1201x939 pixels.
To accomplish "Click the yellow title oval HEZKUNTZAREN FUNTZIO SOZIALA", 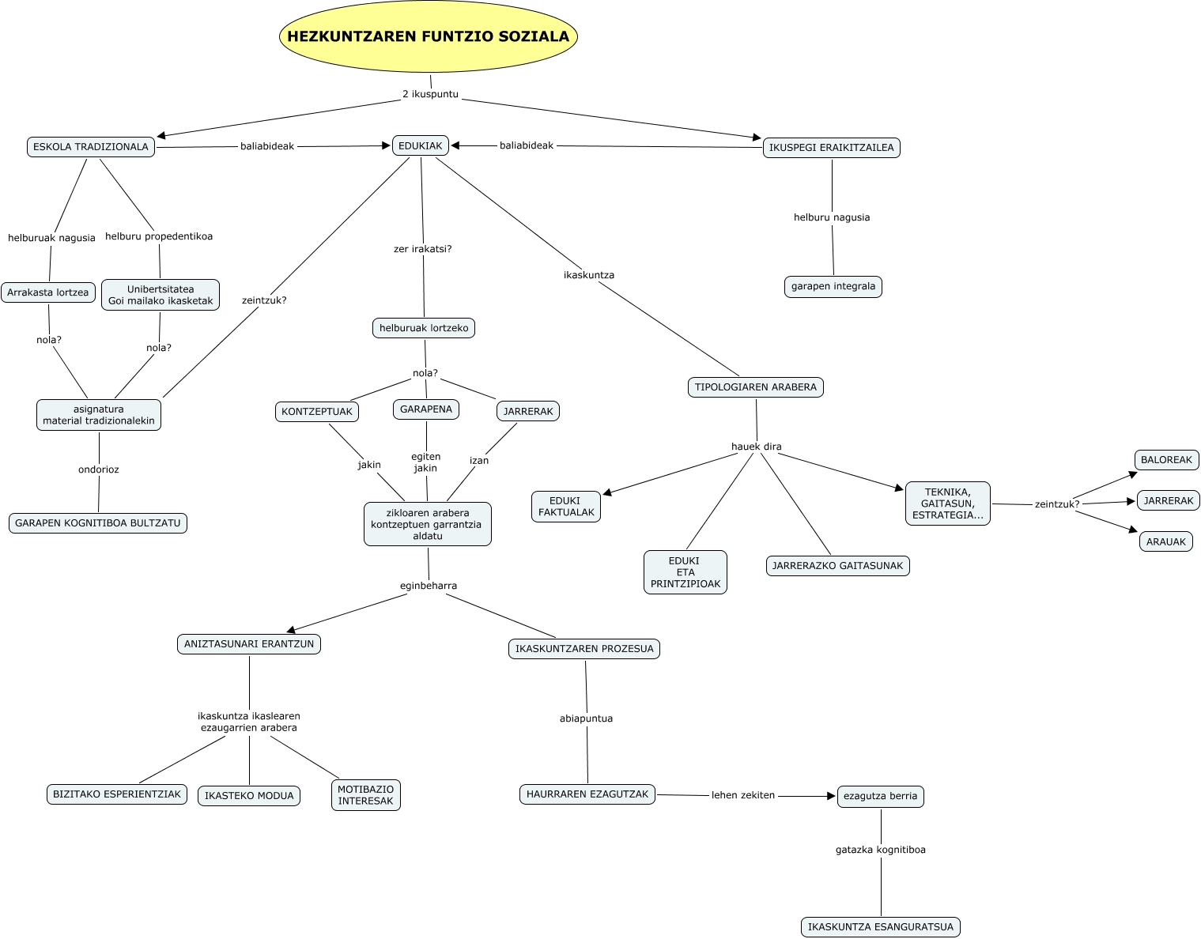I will (x=429, y=36).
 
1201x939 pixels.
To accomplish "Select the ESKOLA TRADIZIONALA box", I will (x=91, y=147).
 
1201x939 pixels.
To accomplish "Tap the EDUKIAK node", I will (x=421, y=145).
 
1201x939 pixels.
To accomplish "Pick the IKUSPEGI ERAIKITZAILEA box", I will (x=832, y=148).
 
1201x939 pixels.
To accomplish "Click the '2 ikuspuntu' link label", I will (x=430, y=94).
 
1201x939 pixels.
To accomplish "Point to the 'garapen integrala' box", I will (x=833, y=286).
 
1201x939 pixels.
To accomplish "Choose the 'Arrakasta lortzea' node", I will (x=48, y=292).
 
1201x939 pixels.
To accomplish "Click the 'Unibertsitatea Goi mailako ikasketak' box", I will (x=161, y=295).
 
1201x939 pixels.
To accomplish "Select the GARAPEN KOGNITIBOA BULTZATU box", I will (x=98, y=523).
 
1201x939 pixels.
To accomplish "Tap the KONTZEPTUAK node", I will (x=317, y=412).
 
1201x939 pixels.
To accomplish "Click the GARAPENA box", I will (x=426, y=409).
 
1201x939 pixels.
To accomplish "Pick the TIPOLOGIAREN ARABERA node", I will (x=756, y=387).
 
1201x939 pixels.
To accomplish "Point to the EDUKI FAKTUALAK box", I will (x=566, y=507).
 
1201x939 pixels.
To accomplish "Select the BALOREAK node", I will (x=1166, y=460).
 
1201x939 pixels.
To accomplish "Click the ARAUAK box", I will (x=1166, y=542).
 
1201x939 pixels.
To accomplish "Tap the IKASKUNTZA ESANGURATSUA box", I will (x=881, y=927).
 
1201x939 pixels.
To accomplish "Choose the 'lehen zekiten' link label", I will (x=743, y=795).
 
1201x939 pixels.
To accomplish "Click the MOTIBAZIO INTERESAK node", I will (x=366, y=795).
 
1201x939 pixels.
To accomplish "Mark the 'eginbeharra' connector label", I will (x=429, y=586).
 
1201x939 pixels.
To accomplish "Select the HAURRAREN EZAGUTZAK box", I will (x=587, y=794).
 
